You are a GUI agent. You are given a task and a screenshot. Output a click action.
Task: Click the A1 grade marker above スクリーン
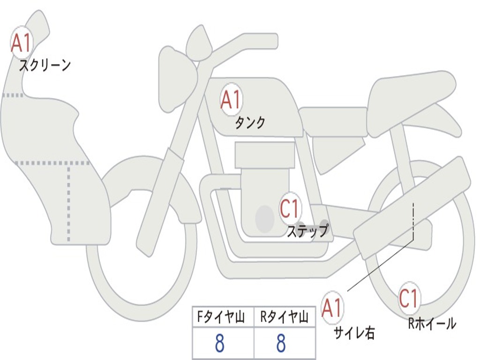pos(21,43)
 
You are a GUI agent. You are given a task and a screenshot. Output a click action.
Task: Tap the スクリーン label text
pos(45,65)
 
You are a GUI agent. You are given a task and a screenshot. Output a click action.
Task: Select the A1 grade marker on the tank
pos(231,99)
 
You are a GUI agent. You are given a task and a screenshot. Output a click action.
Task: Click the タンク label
pos(250,123)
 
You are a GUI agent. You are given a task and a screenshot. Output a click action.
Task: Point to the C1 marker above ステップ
pos(290,209)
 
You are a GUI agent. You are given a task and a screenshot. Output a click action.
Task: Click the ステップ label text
pos(307,231)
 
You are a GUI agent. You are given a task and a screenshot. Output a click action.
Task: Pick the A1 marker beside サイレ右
pos(332,308)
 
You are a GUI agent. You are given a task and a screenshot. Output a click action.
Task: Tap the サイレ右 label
pos(354,332)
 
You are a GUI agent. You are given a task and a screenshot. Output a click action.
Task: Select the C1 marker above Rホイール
pos(408,298)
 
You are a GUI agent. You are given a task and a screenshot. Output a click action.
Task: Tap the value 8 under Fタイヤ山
pos(219,344)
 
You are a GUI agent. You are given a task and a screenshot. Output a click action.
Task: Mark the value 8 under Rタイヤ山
pos(281,344)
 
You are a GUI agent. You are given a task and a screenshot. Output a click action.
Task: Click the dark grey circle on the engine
pos(264,218)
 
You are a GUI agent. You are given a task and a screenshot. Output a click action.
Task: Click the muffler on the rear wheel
pos(412,206)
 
